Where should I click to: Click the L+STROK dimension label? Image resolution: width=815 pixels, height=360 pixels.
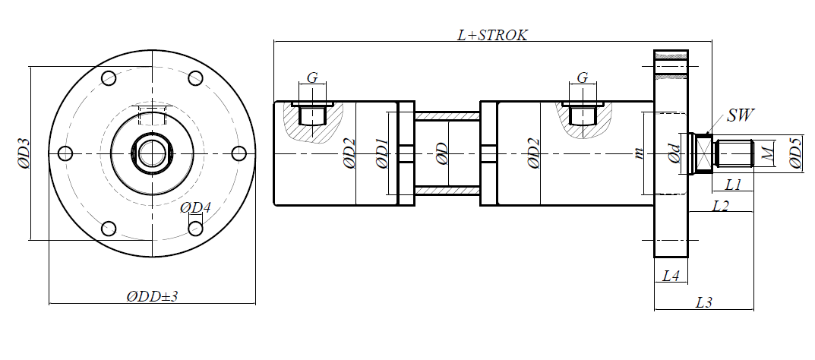point(492,35)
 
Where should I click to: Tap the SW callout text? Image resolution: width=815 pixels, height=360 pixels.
point(740,115)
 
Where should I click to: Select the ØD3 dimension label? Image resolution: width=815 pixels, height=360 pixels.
point(24,153)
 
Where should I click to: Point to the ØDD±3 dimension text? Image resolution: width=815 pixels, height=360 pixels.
point(152,297)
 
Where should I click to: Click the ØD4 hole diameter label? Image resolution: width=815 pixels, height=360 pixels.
point(195,208)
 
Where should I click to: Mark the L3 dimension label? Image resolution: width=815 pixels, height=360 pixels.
point(704,302)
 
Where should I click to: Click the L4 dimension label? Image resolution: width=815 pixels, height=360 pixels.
point(671,276)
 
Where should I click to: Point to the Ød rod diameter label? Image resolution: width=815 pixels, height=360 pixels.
point(674,154)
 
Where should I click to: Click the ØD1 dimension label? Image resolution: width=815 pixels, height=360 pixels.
point(382,153)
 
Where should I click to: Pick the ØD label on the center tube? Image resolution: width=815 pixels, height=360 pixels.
point(442,154)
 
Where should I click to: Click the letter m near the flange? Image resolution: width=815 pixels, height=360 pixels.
point(639,153)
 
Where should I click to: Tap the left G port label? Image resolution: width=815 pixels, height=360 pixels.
point(312,78)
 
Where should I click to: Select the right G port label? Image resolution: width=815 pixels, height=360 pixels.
point(583,78)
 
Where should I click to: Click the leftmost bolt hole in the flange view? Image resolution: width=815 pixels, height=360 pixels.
point(65,153)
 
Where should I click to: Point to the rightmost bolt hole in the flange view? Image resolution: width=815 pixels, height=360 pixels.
point(238,153)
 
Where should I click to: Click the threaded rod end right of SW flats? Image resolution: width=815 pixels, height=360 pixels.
point(734,153)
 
